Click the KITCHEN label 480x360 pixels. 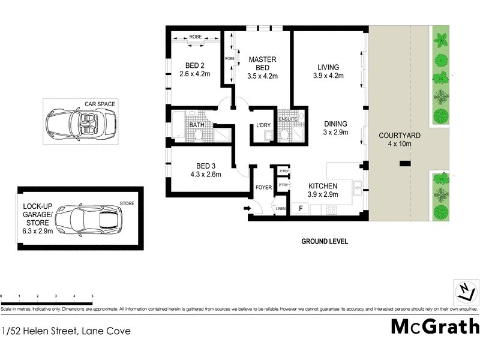point(323,186)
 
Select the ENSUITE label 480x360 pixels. point(287,119)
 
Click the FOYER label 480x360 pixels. point(263,188)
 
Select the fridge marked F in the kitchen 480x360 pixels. point(300,209)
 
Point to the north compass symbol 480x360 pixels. point(466,292)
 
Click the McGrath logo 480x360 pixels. point(435,326)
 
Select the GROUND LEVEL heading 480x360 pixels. point(325,241)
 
